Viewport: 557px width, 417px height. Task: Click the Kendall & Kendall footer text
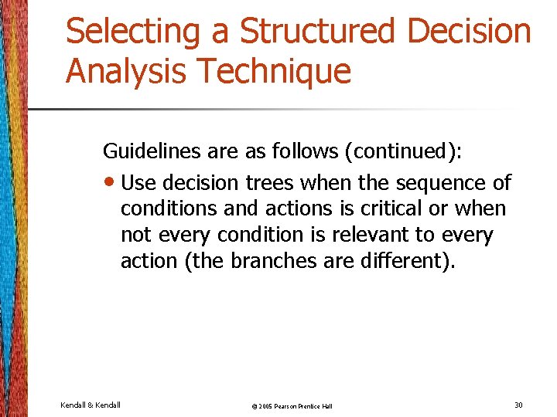(91, 405)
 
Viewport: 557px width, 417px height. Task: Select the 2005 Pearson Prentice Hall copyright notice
(293, 406)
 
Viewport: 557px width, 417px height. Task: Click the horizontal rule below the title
(271, 110)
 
